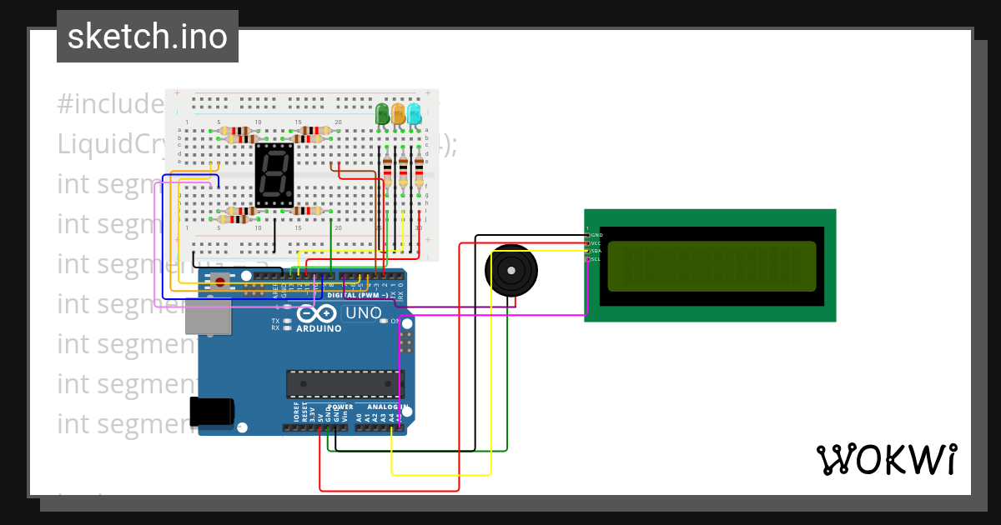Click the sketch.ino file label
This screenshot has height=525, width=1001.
(x=148, y=37)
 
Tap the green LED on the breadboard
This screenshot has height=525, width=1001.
(x=383, y=113)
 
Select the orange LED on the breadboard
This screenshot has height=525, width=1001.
(x=399, y=113)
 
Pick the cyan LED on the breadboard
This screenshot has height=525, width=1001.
(x=414, y=113)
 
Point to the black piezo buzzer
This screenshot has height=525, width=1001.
(x=511, y=271)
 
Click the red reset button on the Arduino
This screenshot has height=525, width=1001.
(x=220, y=281)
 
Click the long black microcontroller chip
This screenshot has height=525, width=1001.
(x=343, y=383)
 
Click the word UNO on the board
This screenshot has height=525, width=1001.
(x=364, y=313)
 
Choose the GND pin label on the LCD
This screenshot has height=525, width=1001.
(x=596, y=235)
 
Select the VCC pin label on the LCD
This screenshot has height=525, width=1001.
(x=596, y=243)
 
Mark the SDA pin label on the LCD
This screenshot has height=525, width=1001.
(x=596, y=251)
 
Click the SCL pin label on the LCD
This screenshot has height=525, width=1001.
(x=596, y=259)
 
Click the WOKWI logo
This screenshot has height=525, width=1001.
(x=886, y=459)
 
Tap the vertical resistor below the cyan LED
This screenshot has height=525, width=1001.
(x=419, y=171)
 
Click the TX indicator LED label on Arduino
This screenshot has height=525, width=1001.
(x=275, y=321)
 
